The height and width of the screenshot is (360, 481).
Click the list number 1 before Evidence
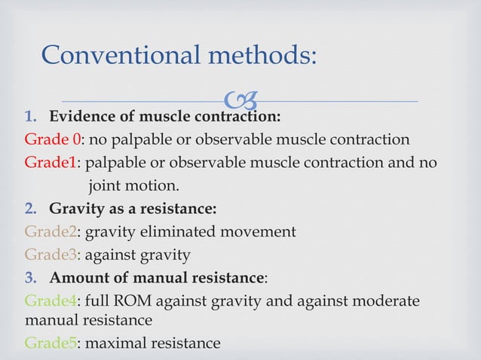tap(30, 117)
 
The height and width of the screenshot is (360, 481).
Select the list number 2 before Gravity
tap(30, 209)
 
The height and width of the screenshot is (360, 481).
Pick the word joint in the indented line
tap(106, 185)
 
